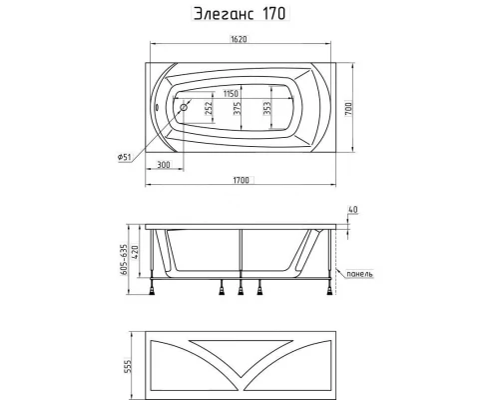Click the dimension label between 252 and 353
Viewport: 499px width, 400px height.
pyautogui.click(x=237, y=108)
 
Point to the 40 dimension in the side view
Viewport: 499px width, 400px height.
pyautogui.click(x=352, y=209)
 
